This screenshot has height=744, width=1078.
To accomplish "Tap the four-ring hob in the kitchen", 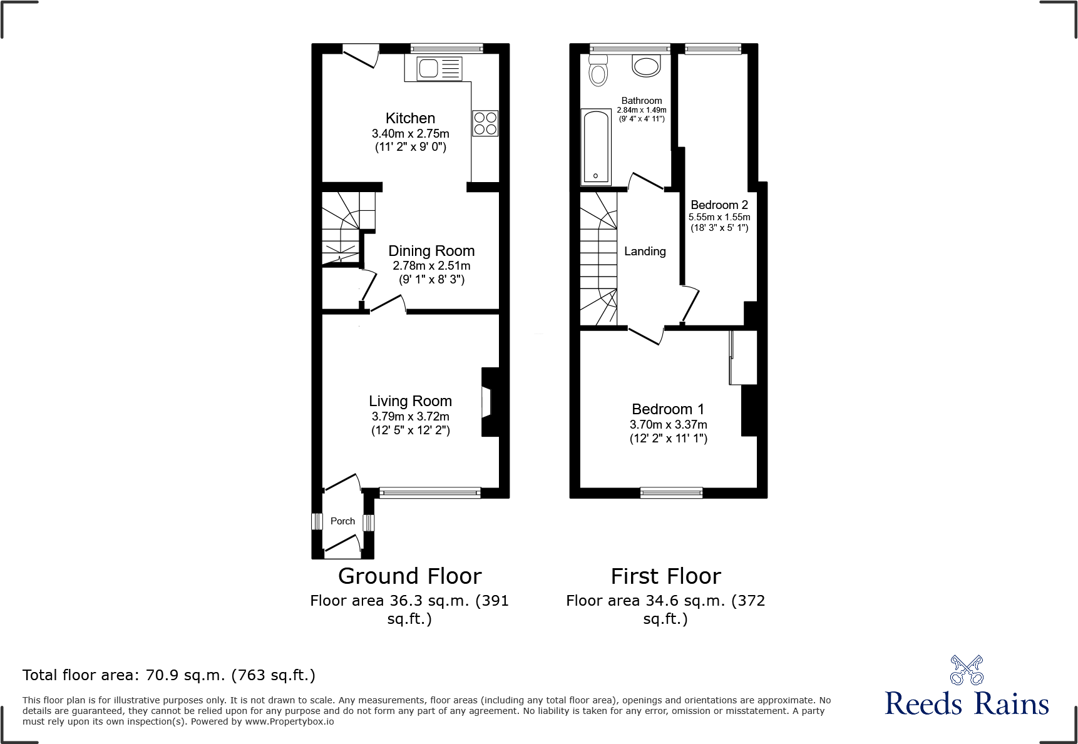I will (x=485, y=123).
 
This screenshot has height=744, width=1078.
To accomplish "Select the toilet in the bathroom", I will (x=598, y=71).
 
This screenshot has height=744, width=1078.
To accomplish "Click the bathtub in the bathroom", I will (x=596, y=147).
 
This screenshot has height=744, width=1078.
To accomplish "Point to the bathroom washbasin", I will (x=646, y=66).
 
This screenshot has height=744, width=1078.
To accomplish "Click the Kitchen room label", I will (x=410, y=118).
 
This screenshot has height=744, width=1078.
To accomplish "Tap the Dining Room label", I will (x=431, y=251).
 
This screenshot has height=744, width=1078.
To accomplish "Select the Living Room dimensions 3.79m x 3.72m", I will (x=410, y=416).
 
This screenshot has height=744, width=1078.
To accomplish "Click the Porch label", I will (x=342, y=521).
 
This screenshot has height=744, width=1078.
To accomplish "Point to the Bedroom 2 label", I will (x=719, y=205).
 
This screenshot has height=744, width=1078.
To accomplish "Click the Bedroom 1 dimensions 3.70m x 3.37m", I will (x=668, y=424).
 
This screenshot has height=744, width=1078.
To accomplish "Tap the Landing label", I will (x=645, y=251).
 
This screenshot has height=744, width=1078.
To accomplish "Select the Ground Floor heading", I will (x=409, y=576).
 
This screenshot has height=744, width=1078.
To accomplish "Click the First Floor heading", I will (x=665, y=576).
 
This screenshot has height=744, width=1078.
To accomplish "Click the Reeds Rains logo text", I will (x=967, y=703).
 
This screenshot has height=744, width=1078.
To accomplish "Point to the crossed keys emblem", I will (x=967, y=670).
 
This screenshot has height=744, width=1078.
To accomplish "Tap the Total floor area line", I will (x=169, y=675).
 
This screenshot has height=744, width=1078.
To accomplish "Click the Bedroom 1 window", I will (x=671, y=493).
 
